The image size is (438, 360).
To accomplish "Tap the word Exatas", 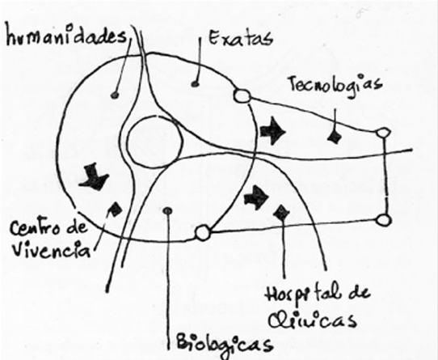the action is click(240, 38).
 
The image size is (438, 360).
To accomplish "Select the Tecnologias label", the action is click(335, 85).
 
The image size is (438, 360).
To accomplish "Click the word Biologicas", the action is click(225, 344).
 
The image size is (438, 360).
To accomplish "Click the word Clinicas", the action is click(312, 320).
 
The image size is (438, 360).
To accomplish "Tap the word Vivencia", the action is click(52, 249).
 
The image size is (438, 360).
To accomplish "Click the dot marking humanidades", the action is click(115, 95).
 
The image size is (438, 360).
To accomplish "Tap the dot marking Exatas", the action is click(195, 83).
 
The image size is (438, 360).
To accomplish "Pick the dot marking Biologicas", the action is click(167, 210).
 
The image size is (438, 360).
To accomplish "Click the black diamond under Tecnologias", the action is click(335, 137).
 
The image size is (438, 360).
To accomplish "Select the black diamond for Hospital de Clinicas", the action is click(281, 213).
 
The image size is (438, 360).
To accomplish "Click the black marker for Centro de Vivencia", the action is click(115, 209).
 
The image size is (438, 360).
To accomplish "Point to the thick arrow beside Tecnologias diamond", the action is click(272, 131).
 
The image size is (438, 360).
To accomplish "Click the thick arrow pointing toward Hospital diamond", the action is click(256, 197).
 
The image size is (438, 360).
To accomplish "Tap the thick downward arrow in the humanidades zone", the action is click(94, 177).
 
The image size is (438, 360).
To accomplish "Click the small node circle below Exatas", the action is click(242, 96).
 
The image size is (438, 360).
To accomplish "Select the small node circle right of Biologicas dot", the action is click(203, 232).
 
